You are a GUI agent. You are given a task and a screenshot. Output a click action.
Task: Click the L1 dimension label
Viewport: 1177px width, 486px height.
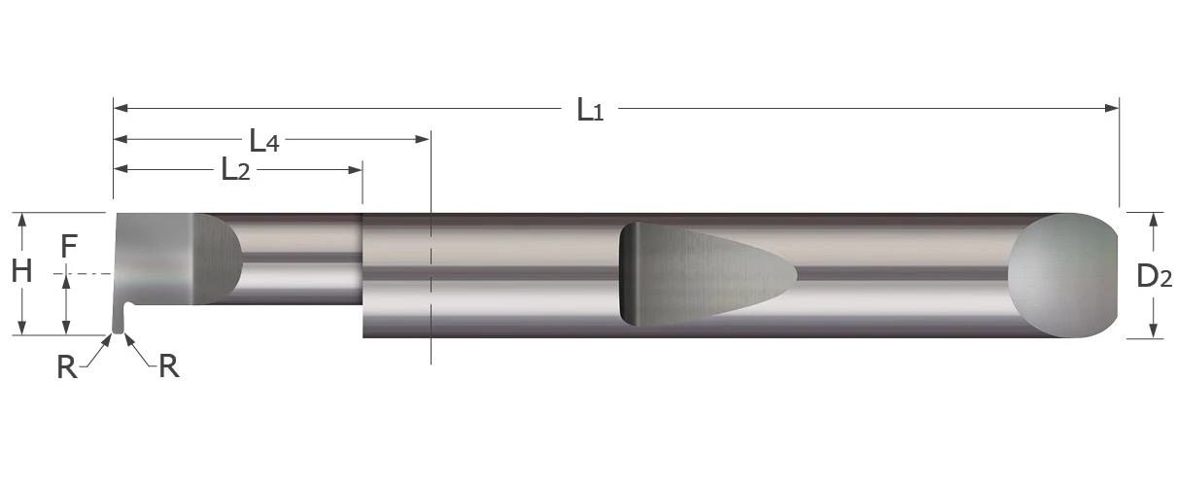coord(590,110)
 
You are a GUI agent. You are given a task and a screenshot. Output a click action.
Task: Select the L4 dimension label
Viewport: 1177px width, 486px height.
coord(263,142)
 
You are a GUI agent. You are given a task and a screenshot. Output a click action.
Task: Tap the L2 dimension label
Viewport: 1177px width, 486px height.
coord(235,171)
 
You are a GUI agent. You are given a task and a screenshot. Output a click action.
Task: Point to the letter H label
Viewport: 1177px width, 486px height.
coord(21,272)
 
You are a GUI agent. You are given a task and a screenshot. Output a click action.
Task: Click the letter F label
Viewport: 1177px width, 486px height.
coord(68,247)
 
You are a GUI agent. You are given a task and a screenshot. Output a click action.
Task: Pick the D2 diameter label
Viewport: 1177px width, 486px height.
coord(1154,277)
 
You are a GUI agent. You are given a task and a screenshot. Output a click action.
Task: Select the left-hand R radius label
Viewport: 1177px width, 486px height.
coord(66,367)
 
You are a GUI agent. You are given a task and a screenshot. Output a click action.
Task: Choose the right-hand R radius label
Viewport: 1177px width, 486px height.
coord(168,366)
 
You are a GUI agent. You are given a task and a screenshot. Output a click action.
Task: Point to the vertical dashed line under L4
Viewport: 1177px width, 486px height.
coord(430,292)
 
